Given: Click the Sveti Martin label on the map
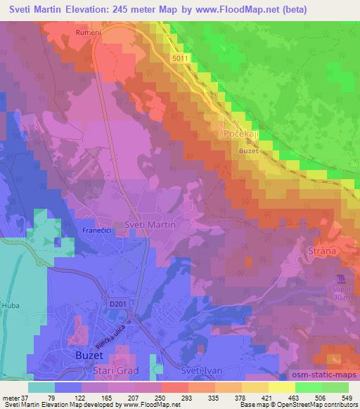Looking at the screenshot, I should click(x=148, y=224).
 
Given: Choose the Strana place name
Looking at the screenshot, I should click(x=323, y=250).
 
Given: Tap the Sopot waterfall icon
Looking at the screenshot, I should click(x=341, y=278).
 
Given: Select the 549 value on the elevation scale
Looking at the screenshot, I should click(x=347, y=398).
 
